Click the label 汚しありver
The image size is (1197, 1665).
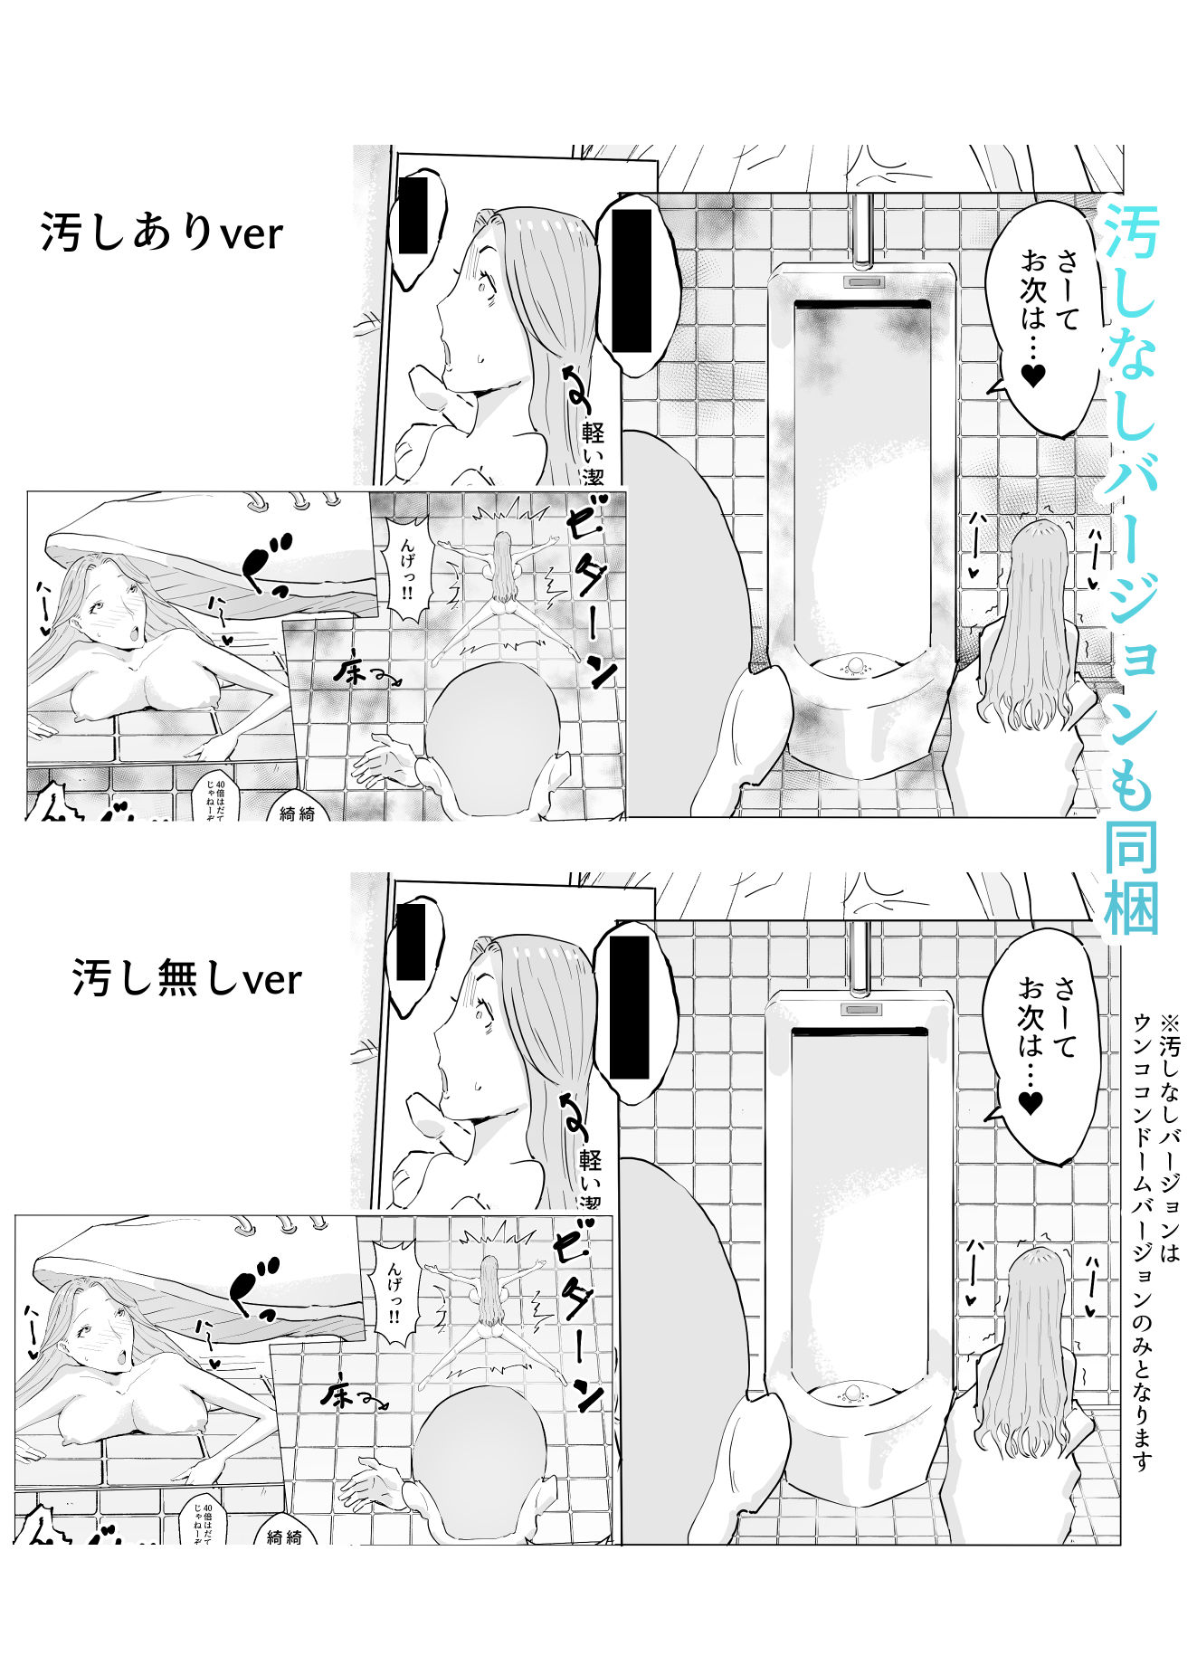pyautogui.click(x=162, y=233)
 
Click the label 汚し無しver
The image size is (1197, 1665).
pyautogui.click(x=186, y=978)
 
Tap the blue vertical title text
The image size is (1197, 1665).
pyautogui.click(x=1130, y=561)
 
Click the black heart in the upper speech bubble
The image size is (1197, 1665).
pyautogui.click(x=1032, y=375)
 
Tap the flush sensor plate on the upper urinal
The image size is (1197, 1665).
pyautogui.click(x=862, y=281)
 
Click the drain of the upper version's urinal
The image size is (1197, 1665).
pyautogui.click(x=854, y=667)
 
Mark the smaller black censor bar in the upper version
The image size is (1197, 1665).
pyautogui.click(x=413, y=215)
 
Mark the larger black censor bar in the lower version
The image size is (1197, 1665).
pyautogui.click(x=630, y=1007)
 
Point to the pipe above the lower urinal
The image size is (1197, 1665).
pyautogui.click(x=859, y=956)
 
